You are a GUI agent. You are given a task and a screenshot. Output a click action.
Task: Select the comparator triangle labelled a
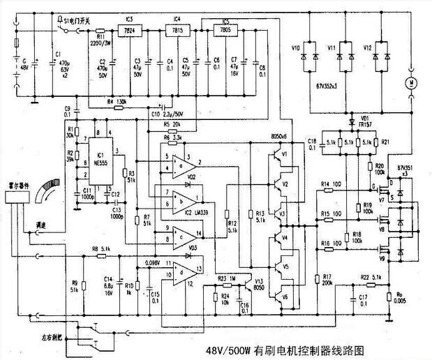(x=182, y=167)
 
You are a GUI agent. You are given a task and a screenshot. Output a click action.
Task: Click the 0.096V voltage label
(x=163, y=262)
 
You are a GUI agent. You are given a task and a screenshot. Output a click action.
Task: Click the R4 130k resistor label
(x=117, y=102)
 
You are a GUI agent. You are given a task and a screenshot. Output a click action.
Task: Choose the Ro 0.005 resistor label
(x=400, y=297)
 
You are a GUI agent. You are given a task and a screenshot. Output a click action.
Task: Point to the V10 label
(x=296, y=47)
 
